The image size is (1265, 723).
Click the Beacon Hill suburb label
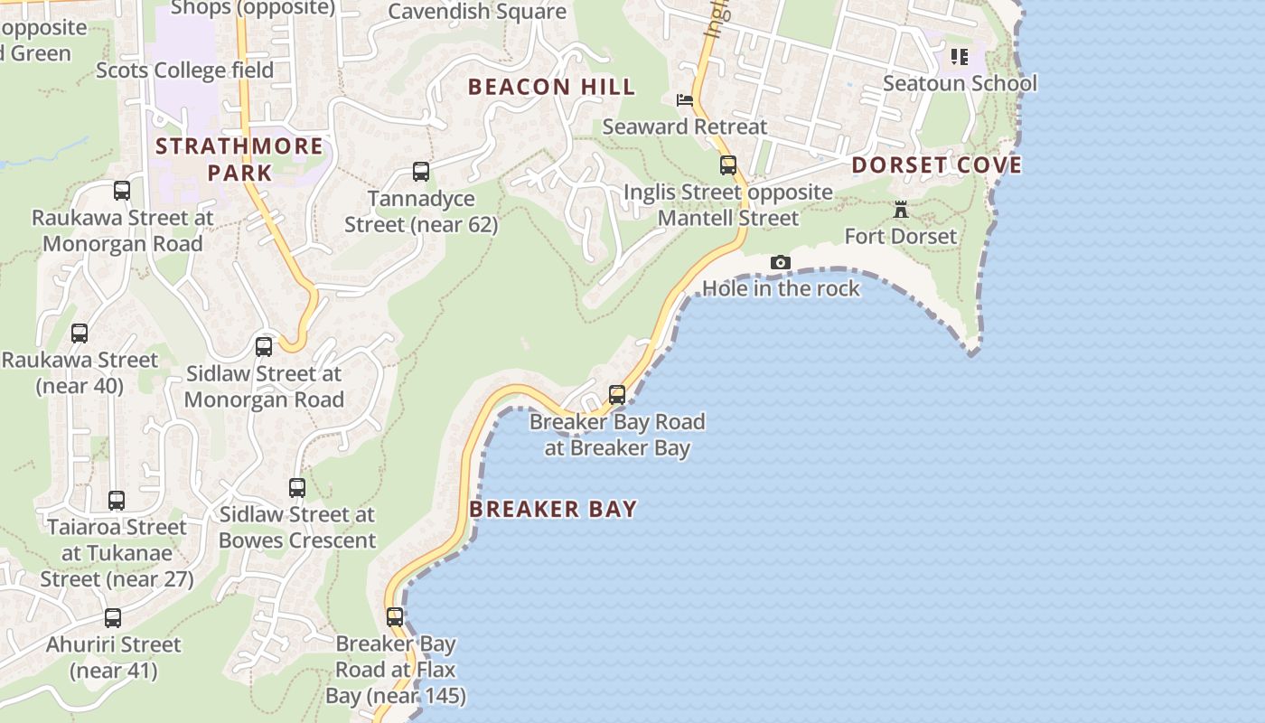point(551,87)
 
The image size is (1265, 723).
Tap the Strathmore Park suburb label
point(239,159)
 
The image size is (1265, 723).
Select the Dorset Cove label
point(937,164)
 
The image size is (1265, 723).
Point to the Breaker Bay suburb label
point(553,509)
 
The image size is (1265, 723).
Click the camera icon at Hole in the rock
point(780,263)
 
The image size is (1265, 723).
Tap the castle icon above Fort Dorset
point(901,210)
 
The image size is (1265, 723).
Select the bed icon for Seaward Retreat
point(685,100)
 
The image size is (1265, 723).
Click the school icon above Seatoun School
point(959,58)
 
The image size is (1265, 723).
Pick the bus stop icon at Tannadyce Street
point(420,172)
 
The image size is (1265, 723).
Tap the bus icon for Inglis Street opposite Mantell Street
point(727,165)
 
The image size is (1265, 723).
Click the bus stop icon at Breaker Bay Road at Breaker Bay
point(616,395)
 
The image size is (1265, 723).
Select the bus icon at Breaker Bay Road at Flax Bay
point(395,617)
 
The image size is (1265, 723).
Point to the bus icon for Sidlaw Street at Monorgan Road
point(263,347)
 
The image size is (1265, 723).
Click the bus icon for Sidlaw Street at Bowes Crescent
point(296,488)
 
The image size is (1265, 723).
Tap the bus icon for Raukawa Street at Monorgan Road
point(122,191)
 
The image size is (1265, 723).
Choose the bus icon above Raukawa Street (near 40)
point(80,333)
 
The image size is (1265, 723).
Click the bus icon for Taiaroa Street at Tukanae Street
point(116,501)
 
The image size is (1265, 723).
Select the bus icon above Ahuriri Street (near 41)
point(113,618)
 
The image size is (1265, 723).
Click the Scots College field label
point(184,70)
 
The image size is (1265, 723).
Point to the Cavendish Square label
point(477,12)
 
